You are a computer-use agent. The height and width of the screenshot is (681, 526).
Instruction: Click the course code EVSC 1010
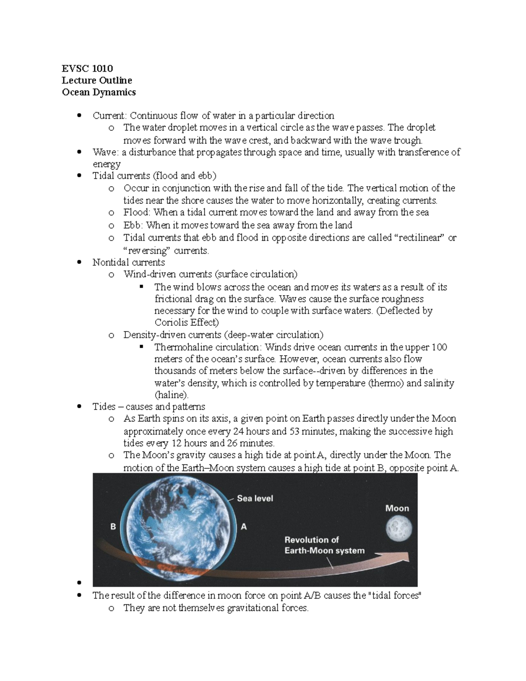(87, 68)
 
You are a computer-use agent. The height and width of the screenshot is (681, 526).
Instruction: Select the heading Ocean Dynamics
(99, 92)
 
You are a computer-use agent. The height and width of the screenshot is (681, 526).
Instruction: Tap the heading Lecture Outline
(97, 80)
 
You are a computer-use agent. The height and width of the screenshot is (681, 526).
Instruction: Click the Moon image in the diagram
(398, 528)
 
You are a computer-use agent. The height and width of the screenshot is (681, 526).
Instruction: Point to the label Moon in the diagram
(397, 508)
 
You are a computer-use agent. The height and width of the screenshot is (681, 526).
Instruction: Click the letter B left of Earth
(113, 527)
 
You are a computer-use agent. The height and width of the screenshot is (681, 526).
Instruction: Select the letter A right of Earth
(244, 527)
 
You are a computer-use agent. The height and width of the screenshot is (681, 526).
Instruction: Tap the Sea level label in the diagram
(255, 498)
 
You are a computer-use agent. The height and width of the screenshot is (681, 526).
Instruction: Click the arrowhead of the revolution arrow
(405, 556)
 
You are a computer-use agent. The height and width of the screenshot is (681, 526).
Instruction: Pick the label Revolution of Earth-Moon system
(324, 545)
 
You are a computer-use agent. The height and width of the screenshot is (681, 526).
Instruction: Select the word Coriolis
(171, 323)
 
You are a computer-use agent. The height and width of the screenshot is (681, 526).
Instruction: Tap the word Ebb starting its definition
(132, 225)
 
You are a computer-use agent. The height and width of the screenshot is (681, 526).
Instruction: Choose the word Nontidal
(110, 263)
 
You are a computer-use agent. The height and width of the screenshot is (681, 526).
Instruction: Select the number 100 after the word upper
(439, 347)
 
